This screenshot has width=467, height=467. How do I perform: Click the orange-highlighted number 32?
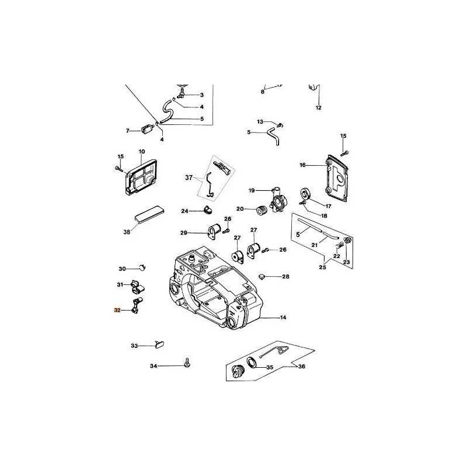(117, 310)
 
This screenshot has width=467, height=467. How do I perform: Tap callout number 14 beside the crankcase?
(283, 318)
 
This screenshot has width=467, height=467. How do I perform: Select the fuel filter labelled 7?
(147, 130)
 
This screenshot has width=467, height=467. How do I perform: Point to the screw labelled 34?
(187, 363)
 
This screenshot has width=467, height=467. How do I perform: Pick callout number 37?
(189, 178)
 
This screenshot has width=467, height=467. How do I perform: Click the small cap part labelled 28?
(262, 277)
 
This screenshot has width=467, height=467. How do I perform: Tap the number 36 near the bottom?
(302, 367)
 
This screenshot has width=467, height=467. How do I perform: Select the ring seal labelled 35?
(252, 363)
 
